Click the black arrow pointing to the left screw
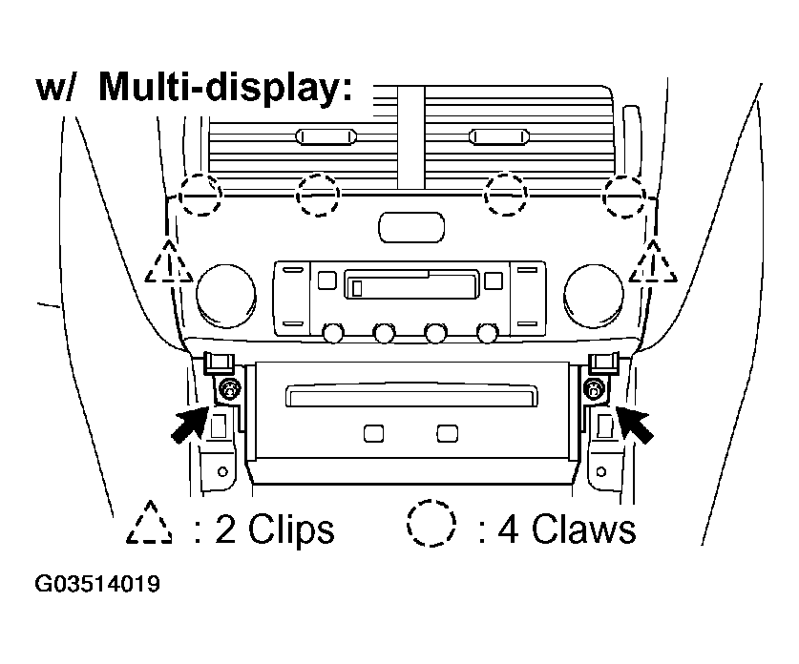(x=190, y=423)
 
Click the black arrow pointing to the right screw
(x=637, y=423)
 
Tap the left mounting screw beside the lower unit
(x=228, y=388)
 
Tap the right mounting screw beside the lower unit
(x=595, y=388)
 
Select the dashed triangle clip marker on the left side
(x=169, y=263)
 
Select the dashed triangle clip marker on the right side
(x=654, y=263)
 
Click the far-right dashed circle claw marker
(x=625, y=195)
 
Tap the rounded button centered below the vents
(x=410, y=227)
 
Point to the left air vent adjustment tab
(x=326, y=137)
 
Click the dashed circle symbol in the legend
(x=431, y=526)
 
